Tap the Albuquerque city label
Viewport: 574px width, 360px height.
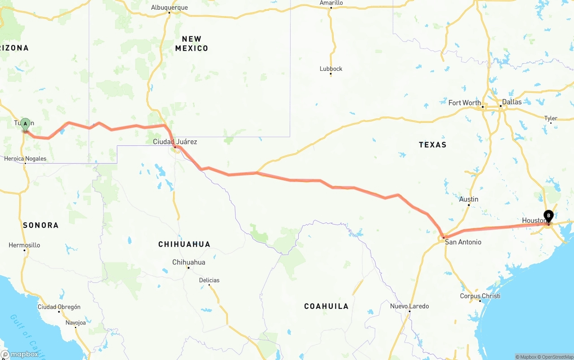pos(170,8)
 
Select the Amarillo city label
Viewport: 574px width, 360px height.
pos(331,3)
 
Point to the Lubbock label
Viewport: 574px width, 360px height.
pos(331,69)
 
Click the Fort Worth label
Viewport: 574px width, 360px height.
pos(465,103)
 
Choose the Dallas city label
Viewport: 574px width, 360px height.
pos(512,102)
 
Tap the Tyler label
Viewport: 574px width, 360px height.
pos(551,118)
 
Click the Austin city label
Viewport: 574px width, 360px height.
pos(469,199)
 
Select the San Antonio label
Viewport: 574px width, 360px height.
pos(463,242)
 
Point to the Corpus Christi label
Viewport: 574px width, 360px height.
pos(480,296)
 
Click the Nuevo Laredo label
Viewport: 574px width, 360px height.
pos(409,306)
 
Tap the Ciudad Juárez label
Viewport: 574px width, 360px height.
pos(175,142)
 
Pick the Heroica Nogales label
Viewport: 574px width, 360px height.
pos(25,159)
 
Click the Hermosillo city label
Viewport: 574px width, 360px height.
pos(24,245)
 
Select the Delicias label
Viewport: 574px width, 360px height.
pos(209,280)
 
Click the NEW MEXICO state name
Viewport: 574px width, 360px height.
pos(191,43)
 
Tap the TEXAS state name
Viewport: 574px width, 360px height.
pos(432,144)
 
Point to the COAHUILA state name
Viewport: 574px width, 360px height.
pos(326,306)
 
